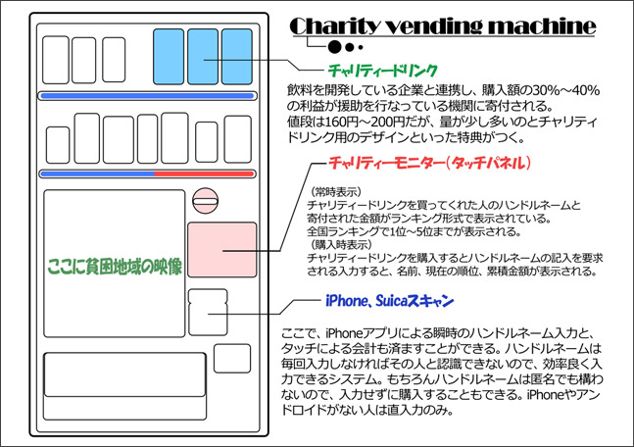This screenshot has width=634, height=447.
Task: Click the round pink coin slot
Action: tap(206, 199)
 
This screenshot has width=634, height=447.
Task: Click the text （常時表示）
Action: tap(335, 190)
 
